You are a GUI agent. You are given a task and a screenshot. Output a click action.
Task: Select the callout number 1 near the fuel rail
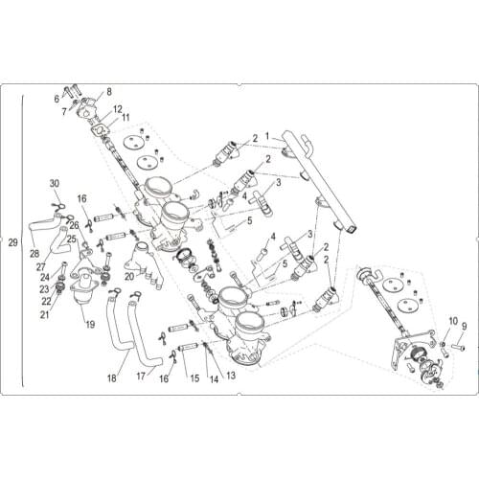point(268,135)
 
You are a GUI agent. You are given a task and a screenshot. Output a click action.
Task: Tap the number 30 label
point(55,184)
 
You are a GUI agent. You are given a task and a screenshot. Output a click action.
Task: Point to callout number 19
point(89,325)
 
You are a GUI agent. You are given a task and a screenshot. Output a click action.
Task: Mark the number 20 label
point(129,277)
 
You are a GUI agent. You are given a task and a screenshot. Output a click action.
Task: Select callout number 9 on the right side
point(463,326)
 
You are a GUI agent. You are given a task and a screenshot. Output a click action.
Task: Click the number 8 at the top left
point(108,91)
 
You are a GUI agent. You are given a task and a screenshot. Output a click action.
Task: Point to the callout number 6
point(57,98)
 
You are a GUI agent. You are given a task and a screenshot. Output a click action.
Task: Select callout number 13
point(231,375)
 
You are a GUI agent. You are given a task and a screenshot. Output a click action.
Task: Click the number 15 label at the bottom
point(194,378)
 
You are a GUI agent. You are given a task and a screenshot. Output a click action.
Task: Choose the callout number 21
point(45,314)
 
